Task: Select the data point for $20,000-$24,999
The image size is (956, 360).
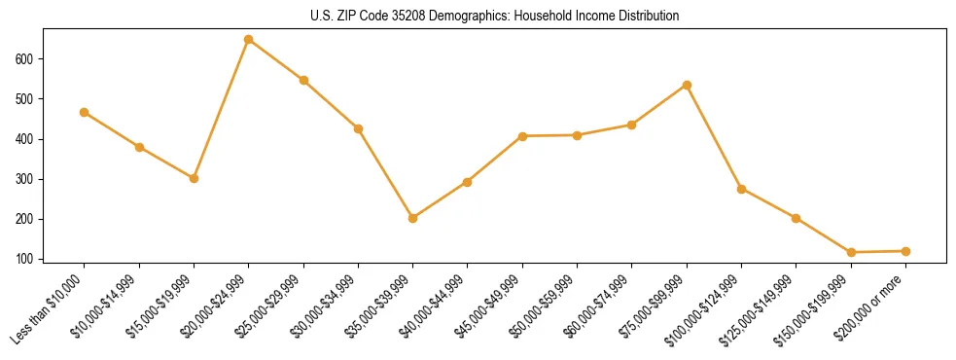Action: (249, 40)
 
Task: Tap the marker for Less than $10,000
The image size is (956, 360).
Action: (85, 113)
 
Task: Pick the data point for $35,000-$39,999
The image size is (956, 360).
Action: (413, 218)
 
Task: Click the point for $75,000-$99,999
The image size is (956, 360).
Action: (687, 85)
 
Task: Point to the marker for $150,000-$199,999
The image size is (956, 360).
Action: (851, 252)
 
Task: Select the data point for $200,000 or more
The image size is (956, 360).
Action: (905, 251)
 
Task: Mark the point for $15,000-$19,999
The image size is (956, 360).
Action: (194, 178)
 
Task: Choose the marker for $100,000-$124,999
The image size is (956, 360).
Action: (741, 189)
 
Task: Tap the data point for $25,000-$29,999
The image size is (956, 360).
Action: (303, 80)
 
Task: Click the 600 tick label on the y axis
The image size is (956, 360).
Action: (24, 59)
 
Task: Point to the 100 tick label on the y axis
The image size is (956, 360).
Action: (24, 260)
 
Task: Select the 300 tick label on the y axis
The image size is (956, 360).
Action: (24, 180)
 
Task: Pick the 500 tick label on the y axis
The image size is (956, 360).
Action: (24, 99)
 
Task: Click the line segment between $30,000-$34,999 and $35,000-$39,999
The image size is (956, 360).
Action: (386, 173)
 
